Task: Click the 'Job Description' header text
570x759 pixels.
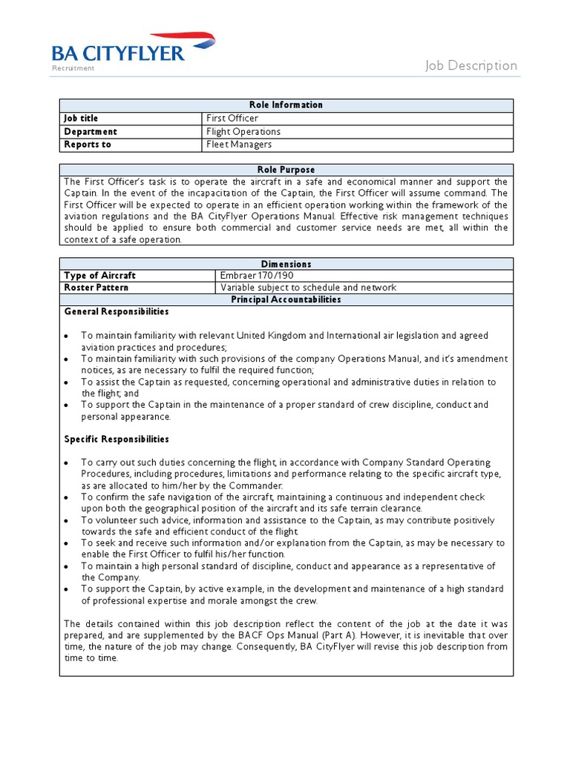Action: (471, 65)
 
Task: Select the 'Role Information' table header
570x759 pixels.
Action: (286, 105)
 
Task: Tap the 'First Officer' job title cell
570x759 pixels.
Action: (232, 119)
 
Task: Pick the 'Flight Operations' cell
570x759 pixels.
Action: (243, 132)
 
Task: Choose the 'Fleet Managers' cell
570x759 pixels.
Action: (239, 145)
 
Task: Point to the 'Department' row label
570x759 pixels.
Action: (91, 132)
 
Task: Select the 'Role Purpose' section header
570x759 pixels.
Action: (286, 170)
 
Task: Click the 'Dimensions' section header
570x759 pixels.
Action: (286, 264)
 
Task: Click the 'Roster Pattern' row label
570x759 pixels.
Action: (96, 288)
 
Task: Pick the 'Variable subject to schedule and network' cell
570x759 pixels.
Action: (308, 288)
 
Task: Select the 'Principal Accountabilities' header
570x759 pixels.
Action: (286, 299)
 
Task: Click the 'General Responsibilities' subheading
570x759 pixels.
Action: (117, 312)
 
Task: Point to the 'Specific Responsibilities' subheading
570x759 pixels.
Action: (117, 440)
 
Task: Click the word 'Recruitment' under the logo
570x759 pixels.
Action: (73, 68)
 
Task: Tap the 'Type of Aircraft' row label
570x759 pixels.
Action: (100, 276)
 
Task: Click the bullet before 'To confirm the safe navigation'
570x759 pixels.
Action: (67, 497)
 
